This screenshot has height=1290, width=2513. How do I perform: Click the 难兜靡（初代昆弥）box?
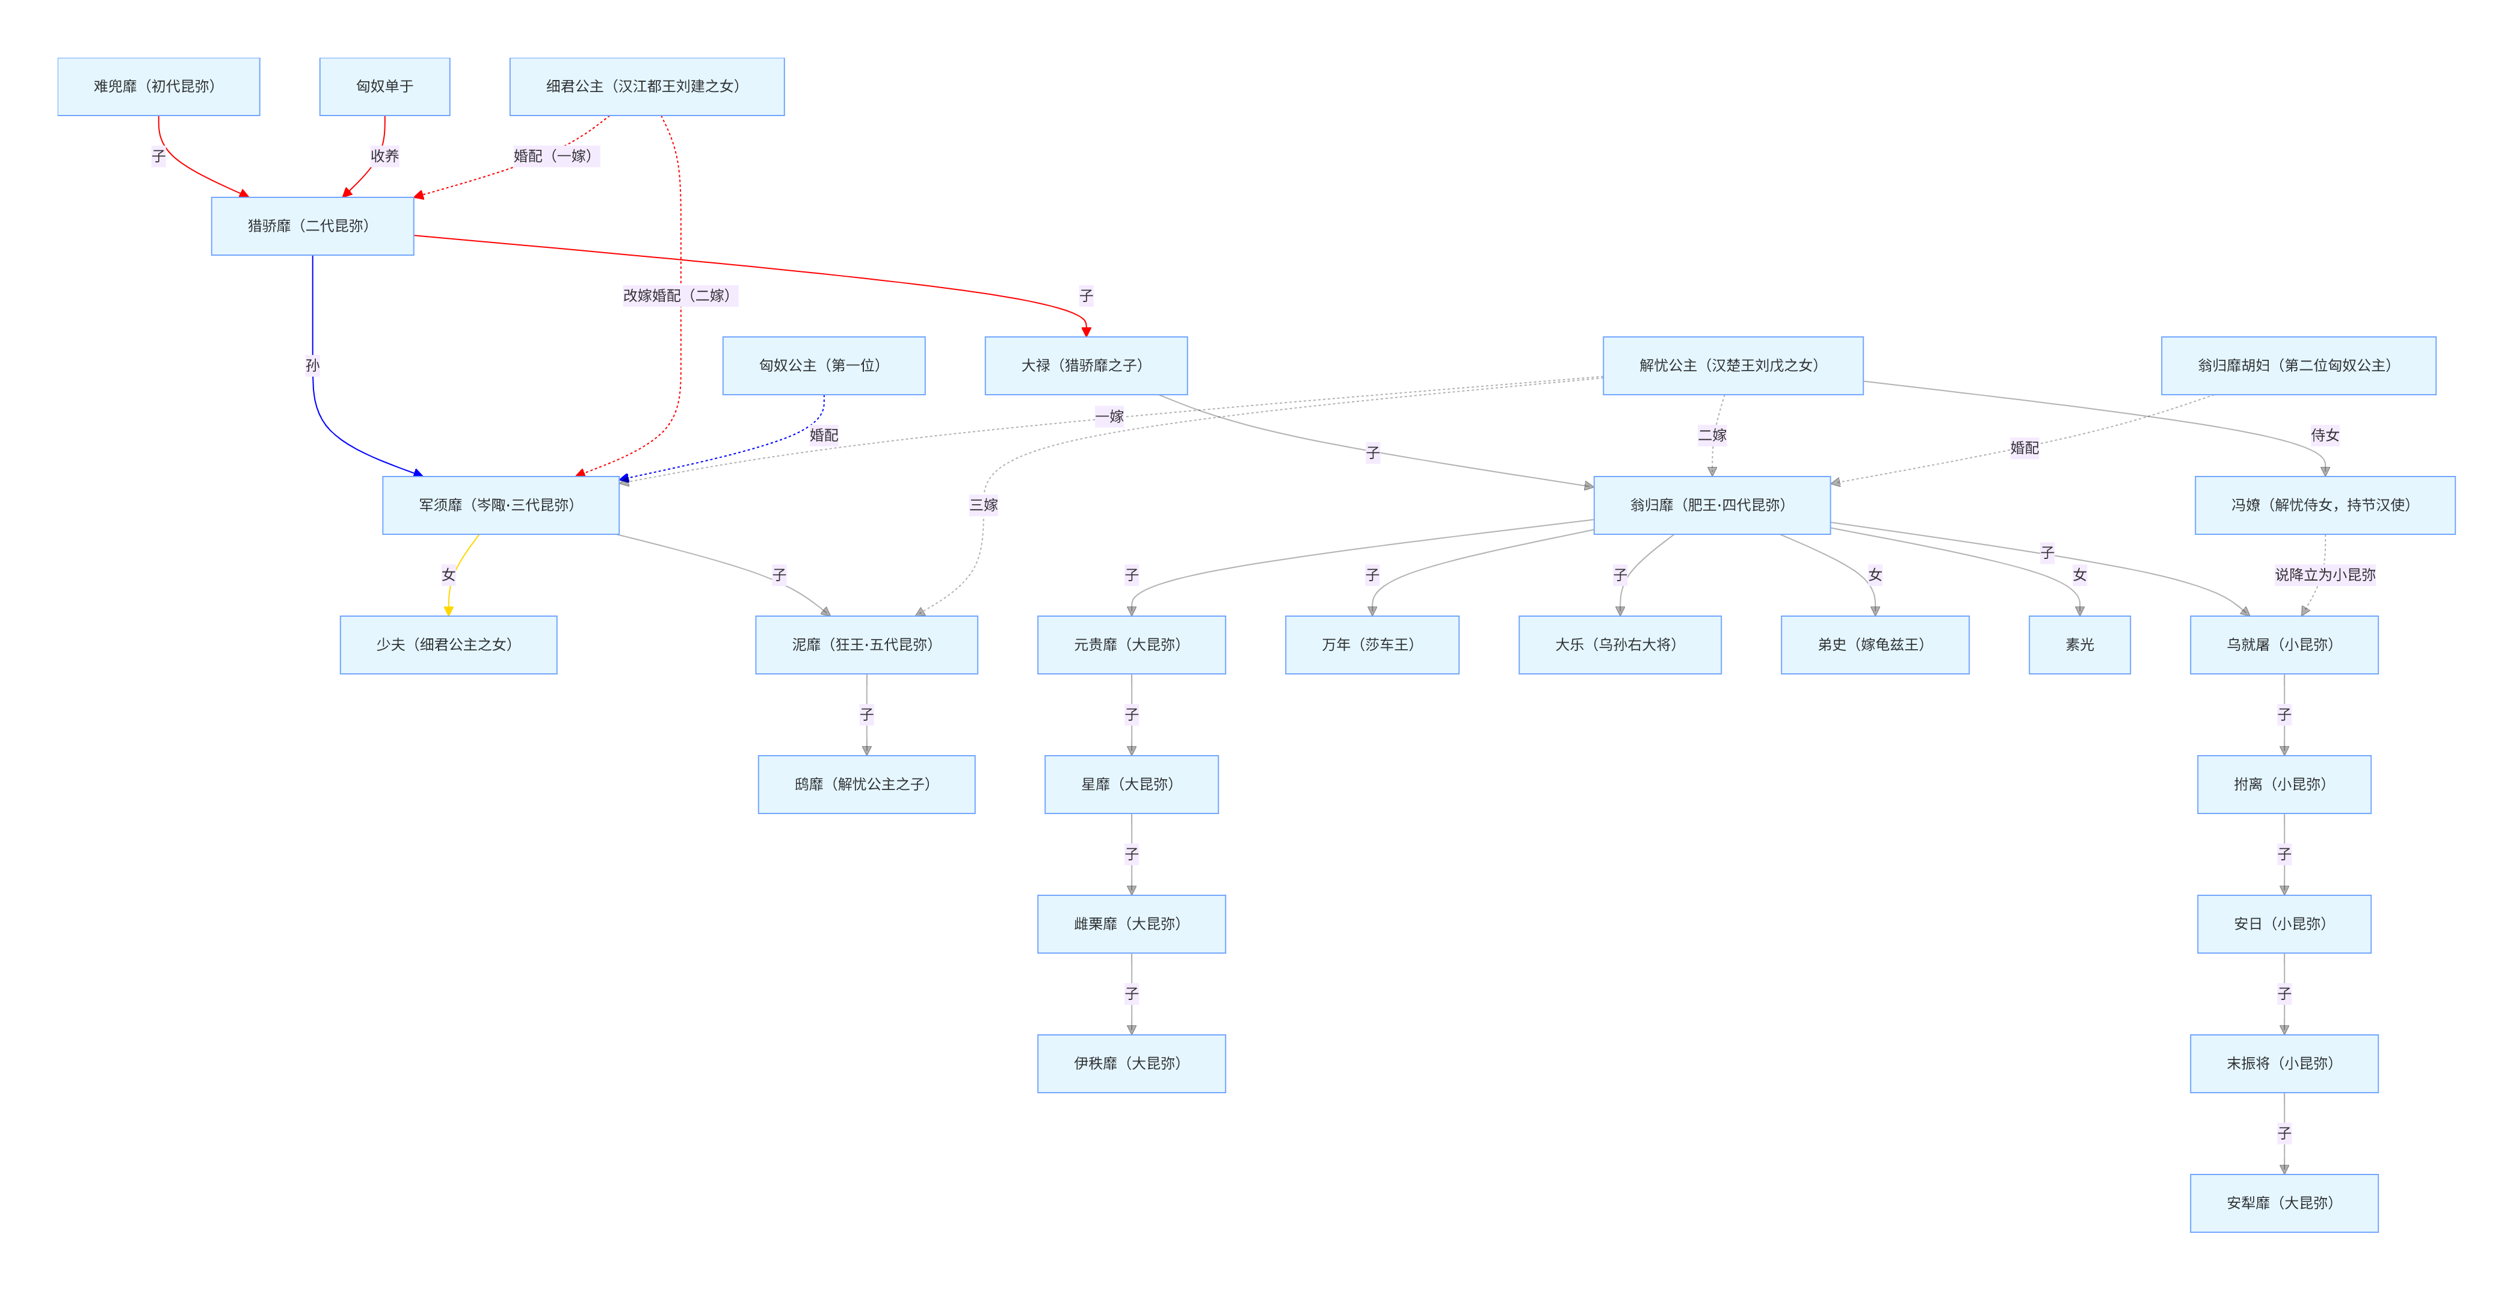tap(158, 87)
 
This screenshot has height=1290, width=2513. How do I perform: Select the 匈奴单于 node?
tap(384, 87)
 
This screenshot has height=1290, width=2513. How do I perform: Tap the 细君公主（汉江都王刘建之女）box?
tap(647, 87)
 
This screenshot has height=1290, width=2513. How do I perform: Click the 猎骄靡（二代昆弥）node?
tap(312, 226)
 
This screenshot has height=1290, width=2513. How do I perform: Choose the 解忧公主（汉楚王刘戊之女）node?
tap(1733, 366)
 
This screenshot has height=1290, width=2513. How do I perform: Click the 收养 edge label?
tap(384, 156)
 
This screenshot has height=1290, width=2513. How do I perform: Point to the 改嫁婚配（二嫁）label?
tap(680, 295)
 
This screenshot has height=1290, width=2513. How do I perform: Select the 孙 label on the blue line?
tap(312, 366)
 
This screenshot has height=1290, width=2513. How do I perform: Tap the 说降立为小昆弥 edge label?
tap(2325, 575)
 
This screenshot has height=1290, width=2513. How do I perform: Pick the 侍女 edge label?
tap(2325, 435)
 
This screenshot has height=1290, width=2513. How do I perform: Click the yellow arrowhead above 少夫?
tap(449, 611)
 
